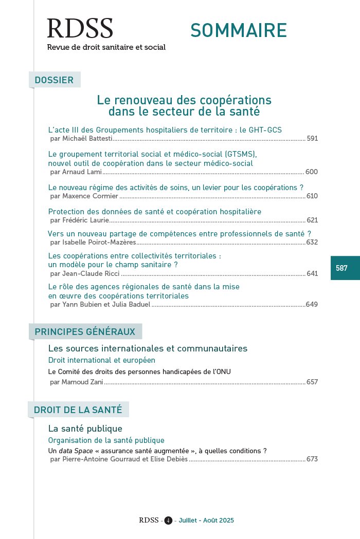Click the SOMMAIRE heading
238,30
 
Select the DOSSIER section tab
54,80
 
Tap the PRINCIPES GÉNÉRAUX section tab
85,332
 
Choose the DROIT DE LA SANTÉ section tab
78,410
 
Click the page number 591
312,139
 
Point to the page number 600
312,172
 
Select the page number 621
312,220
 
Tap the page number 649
312,305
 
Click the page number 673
312,459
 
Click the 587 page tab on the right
341,268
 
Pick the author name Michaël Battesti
87,139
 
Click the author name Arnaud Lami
82,172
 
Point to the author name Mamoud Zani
82,382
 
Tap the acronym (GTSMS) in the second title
240,154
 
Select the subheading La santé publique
85,429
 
